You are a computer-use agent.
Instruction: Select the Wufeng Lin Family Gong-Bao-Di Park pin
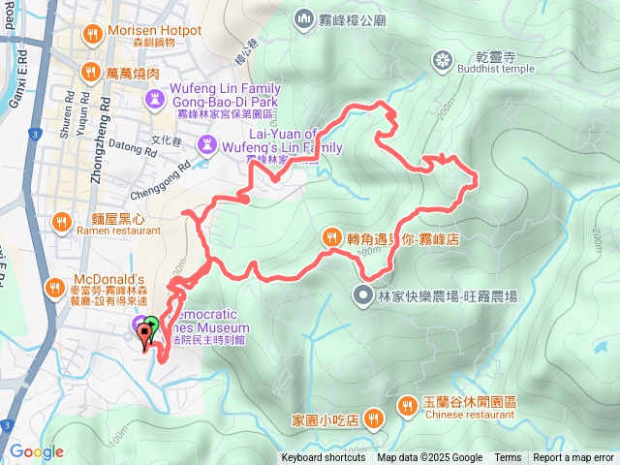tap(154, 98)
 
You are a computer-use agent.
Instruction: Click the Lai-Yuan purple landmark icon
tap(206, 144)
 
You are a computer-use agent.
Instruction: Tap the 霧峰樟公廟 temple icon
tap(304, 17)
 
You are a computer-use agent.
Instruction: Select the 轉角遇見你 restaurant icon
tap(330, 235)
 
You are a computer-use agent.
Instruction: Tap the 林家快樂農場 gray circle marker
tap(363, 294)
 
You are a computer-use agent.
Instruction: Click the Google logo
tap(37, 451)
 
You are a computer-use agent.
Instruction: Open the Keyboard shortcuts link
tap(324, 458)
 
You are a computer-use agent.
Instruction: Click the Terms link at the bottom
tap(508, 458)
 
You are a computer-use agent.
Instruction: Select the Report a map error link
tap(574, 458)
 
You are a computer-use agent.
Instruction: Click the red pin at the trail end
tap(146, 336)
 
